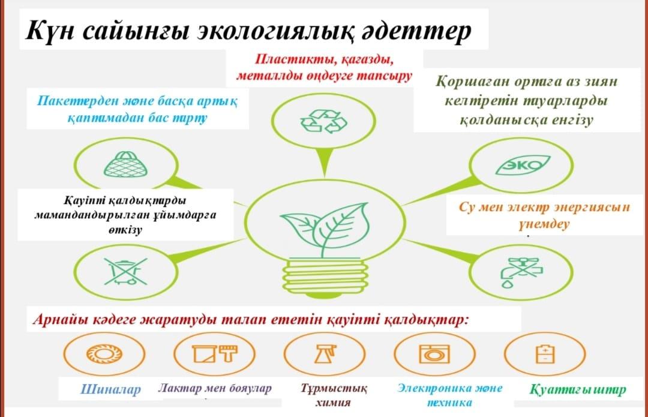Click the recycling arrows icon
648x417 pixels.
tap(324, 122)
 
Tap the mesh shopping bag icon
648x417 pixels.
tap(125, 164)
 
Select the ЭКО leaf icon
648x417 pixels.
tap(523, 166)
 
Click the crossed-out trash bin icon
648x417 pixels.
tap(125, 272)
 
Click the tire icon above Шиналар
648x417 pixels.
tap(104, 354)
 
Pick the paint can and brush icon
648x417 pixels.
tap(214, 354)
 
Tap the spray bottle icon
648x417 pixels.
tap(325, 354)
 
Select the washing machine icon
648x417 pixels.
tap(434, 354)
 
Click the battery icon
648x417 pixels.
tap(545, 354)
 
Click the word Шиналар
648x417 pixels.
tap(110, 389)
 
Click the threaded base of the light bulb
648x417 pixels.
tap(325, 276)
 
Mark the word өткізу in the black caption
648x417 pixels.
tap(125, 230)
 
